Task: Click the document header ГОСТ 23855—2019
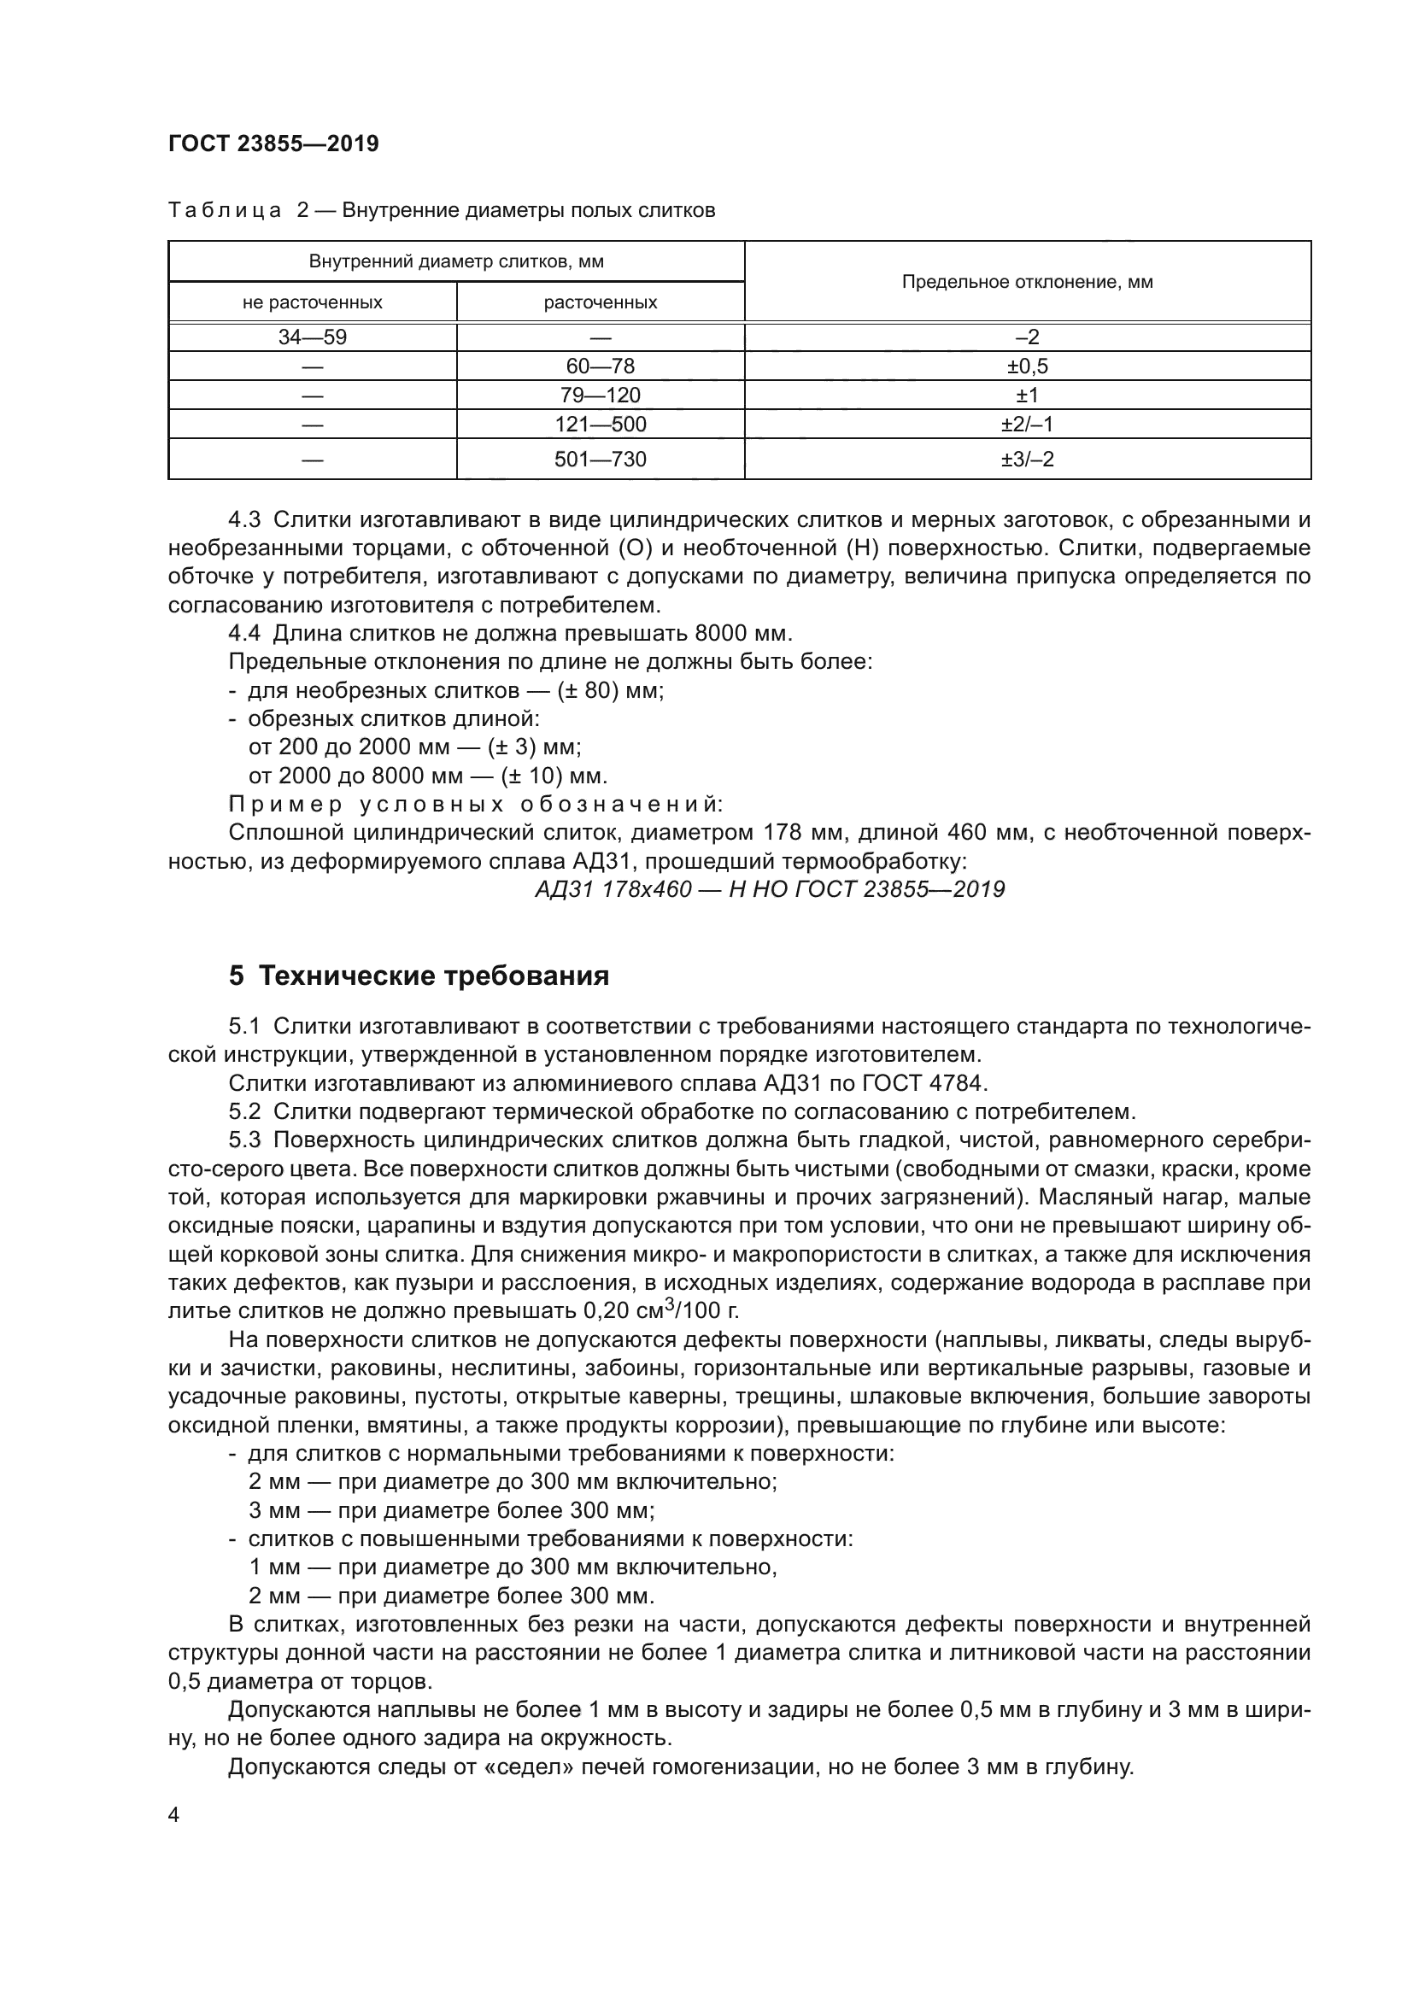point(273,144)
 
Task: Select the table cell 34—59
point(313,337)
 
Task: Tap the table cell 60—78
point(601,366)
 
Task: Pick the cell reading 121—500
point(601,425)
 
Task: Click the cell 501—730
point(601,460)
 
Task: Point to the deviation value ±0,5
point(1027,366)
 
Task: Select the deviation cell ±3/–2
point(1027,460)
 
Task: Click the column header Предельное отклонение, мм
point(1027,282)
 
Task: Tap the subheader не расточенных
point(313,303)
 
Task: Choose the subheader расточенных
point(601,303)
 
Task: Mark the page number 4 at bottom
point(174,1815)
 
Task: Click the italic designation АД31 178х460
point(613,889)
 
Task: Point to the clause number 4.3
point(244,520)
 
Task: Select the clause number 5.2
point(244,1112)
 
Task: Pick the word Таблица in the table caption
point(225,211)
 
